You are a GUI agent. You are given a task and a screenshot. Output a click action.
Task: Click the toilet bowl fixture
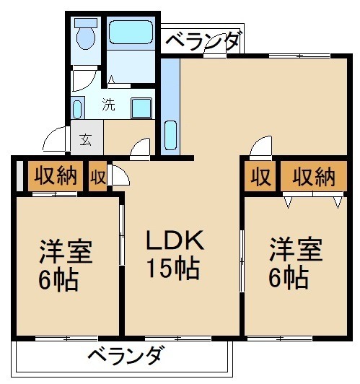coord(86,38)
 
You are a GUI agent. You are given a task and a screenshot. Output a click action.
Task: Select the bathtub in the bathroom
coord(131,32)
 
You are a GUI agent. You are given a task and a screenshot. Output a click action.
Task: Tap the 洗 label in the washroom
coord(108,105)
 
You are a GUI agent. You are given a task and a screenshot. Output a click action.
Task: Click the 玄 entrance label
coord(86,140)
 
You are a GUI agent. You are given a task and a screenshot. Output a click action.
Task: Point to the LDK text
coord(175,240)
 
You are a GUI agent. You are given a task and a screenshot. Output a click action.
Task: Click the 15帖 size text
coord(173,269)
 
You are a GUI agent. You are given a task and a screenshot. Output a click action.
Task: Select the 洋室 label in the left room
coord(66,251)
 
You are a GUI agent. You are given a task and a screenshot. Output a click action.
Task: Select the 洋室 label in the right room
coord(296,248)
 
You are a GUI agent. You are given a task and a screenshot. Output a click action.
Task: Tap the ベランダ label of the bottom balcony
coord(125,355)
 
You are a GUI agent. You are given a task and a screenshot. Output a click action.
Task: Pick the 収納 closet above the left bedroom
coord(56,175)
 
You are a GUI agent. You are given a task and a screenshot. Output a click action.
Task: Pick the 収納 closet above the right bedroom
coord(314,176)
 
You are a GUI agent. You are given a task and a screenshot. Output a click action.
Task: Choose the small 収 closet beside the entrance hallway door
coord(98,176)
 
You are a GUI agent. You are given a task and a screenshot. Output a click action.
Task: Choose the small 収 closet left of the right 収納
coord(260,176)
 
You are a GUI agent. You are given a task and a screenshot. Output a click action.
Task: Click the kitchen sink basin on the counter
coord(170,135)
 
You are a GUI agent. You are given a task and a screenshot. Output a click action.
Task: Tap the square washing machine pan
coord(141,108)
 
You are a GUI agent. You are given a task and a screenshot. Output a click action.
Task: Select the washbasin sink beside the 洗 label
coord(78,110)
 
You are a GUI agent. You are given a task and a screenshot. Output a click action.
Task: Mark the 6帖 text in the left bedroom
coord(58,280)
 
